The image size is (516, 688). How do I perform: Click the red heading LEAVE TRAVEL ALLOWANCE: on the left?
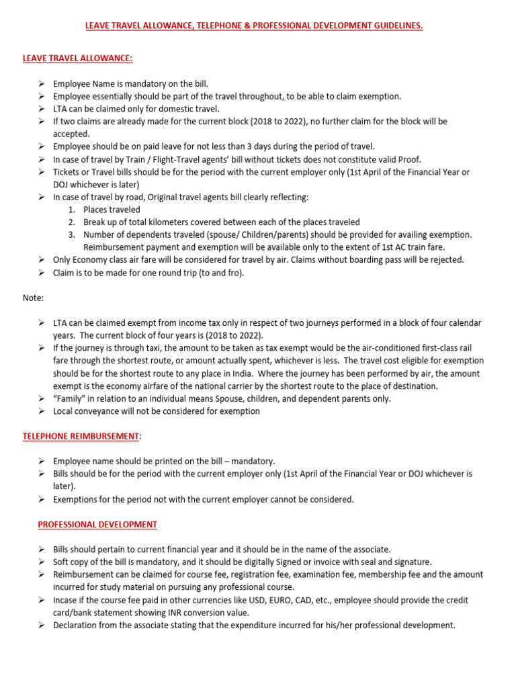tap(77, 58)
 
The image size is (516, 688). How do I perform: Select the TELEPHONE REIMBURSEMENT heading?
tap(81, 436)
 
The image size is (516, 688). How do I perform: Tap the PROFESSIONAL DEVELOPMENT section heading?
tap(97, 524)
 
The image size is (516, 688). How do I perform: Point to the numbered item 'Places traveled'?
tap(112, 210)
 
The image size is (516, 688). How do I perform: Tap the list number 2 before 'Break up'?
tap(71, 222)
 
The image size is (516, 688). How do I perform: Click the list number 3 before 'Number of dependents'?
tap(71, 234)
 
